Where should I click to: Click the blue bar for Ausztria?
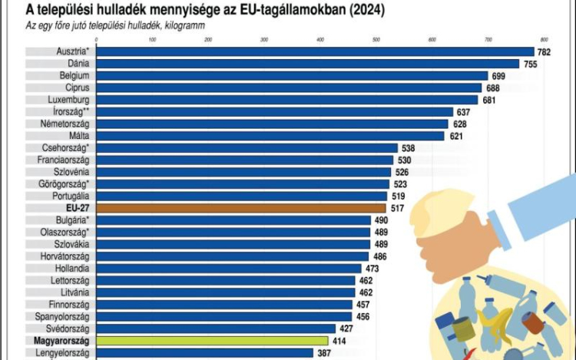tap(315, 51)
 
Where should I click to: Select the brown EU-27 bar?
tap(241, 208)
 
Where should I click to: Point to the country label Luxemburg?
tap(68, 100)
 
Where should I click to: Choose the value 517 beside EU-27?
tap(398, 208)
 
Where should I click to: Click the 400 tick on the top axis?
tap(319, 39)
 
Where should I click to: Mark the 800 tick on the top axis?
tap(544, 39)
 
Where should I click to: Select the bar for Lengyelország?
tap(205, 353)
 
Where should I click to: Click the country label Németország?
tap(63, 124)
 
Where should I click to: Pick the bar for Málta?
tap(270, 136)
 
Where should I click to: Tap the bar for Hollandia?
tap(229, 269)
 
